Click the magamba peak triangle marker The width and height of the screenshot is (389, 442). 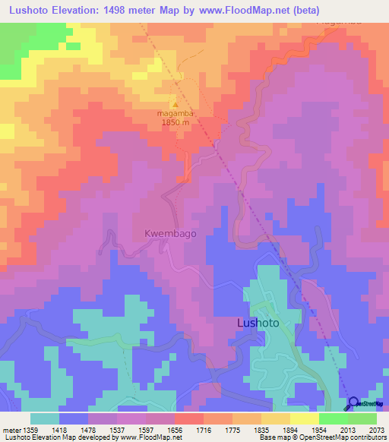[x=176, y=104]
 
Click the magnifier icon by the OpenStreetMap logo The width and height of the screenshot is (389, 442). [x=353, y=403]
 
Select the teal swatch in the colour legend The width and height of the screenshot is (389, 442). [x=45, y=418]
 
